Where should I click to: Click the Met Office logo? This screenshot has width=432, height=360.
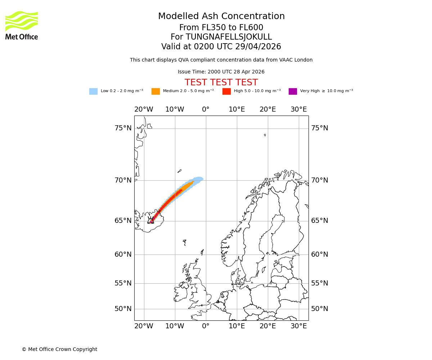(22, 25)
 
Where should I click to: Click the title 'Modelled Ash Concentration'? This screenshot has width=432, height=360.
(221, 17)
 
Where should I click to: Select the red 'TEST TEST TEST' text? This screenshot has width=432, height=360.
(221, 82)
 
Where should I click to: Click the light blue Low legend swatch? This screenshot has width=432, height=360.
(93, 91)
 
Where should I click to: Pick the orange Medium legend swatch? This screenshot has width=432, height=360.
(156, 91)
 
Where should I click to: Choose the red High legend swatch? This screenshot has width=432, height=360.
(226, 91)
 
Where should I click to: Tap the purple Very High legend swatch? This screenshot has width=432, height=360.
(293, 91)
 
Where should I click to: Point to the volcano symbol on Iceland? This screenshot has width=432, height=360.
(150, 220)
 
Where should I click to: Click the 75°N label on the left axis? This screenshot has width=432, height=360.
(123, 128)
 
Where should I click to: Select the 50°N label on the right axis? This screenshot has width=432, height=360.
(320, 309)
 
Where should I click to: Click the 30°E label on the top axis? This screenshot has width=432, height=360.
(299, 109)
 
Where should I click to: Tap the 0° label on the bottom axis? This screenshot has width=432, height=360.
(206, 326)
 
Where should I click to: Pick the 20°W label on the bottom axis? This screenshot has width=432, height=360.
(144, 326)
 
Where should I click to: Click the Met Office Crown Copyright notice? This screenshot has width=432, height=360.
(59, 350)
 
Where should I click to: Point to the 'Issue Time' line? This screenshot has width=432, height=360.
(221, 72)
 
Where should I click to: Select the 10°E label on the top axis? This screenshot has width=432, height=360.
(237, 109)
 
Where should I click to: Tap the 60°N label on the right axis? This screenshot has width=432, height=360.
(320, 255)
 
